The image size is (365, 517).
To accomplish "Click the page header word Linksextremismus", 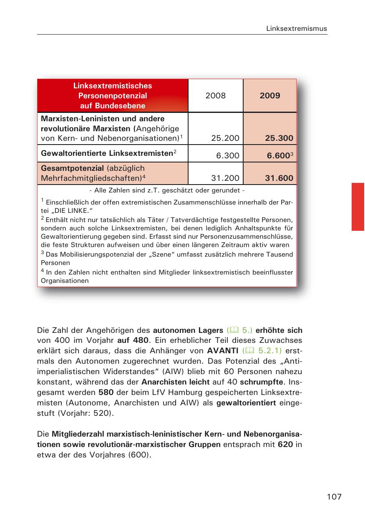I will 297,28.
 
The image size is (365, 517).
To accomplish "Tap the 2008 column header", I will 215,96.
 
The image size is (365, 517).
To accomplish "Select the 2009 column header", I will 270,96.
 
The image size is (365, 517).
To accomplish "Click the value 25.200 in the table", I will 225,138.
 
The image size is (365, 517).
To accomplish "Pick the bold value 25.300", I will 279,138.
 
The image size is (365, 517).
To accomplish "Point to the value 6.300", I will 228,156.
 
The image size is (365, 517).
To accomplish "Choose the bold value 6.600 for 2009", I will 278,156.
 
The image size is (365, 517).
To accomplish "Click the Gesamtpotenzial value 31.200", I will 225,178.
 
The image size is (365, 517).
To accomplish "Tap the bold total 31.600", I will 279,178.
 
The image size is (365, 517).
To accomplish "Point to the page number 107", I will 334,497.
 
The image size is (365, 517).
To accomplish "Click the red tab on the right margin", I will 357,207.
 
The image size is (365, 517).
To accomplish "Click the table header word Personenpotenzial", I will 113,96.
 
